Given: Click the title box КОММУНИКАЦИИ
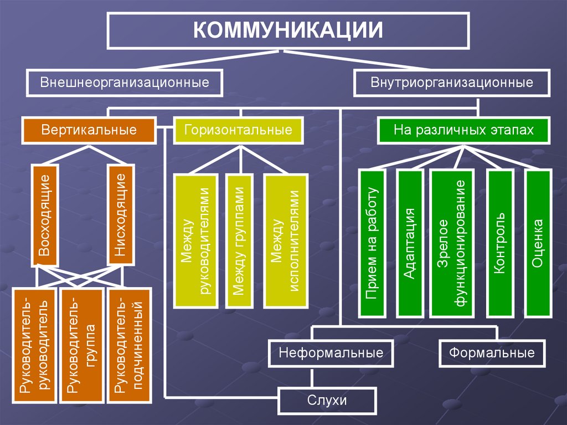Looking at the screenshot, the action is pyautogui.click(x=288, y=30).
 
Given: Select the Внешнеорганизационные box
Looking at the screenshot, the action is pyautogui.click(x=125, y=83).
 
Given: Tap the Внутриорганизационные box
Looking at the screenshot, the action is pyautogui.click(x=452, y=83).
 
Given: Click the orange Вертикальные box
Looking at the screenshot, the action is pyautogui.click(x=89, y=130).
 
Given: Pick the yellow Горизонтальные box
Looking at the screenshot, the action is pyautogui.click(x=238, y=130).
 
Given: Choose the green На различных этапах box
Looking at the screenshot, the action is pyautogui.click(x=463, y=130).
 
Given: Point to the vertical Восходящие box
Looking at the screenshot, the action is pyautogui.click(x=44, y=216).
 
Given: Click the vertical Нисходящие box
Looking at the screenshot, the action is pyautogui.click(x=121, y=216).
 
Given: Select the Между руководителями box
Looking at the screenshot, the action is pyautogui.click(x=195, y=241).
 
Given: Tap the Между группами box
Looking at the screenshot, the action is pyautogui.click(x=239, y=241).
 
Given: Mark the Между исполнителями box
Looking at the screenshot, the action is pyautogui.click(x=286, y=241).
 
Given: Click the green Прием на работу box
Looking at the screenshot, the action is pyautogui.click(x=372, y=244).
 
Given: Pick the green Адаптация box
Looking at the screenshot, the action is pyautogui.click(x=410, y=244).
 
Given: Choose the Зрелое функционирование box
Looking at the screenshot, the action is pyautogui.click(x=452, y=244).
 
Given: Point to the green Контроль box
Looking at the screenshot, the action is pyautogui.click(x=501, y=244).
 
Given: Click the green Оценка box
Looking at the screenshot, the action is pyautogui.click(x=538, y=244).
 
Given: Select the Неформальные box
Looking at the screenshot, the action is pyautogui.click(x=331, y=353).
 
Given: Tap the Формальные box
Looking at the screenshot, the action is pyautogui.click(x=492, y=353).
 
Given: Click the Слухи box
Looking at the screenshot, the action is pyautogui.click(x=327, y=401).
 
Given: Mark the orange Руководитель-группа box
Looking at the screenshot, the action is pyautogui.click(x=82, y=345).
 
